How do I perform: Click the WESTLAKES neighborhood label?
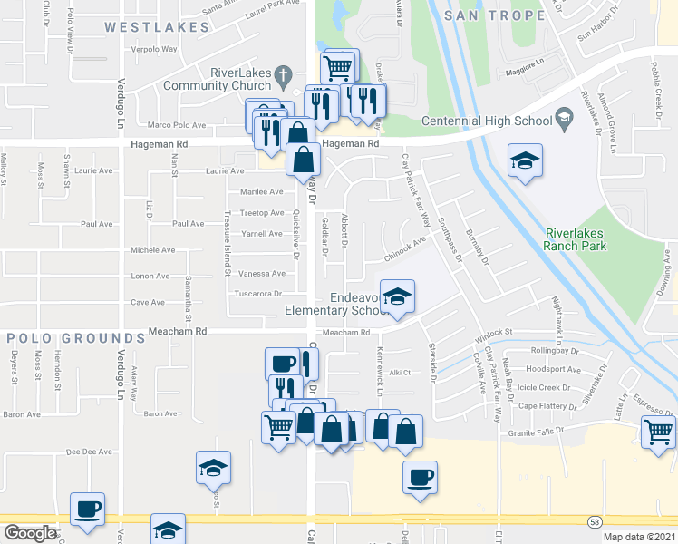pos(157,28)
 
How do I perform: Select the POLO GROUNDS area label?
pos(76,338)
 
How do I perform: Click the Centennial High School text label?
pos(488,121)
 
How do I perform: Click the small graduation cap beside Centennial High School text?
pos(564,118)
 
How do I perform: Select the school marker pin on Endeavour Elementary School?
pos(397,298)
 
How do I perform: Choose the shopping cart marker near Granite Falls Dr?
pos(658,432)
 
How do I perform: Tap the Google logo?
pos(29,533)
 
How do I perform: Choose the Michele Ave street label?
pos(152,249)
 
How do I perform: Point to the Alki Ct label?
pos(401,372)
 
